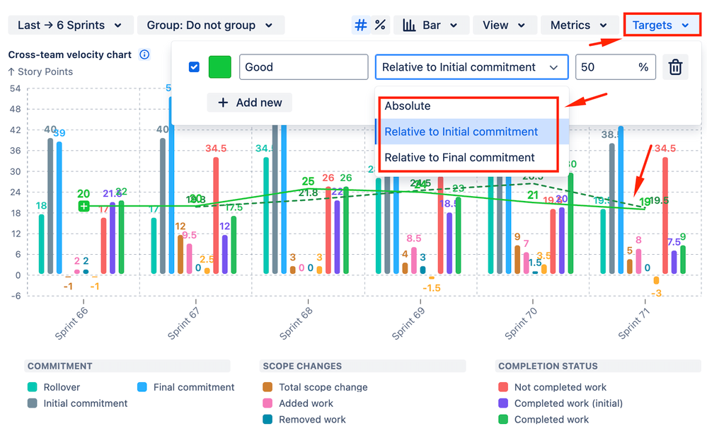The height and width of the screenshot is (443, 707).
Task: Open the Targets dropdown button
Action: click(661, 25)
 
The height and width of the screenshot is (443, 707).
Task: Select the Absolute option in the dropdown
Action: click(408, 106)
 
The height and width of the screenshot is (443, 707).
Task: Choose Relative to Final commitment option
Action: click(459, 157)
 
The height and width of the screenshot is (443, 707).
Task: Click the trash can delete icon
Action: click(676, 67)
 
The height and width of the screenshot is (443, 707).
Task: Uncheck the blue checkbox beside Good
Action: click(194, 67)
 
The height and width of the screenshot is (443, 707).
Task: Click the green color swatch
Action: click(220, 67)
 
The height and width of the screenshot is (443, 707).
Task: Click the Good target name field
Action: click(303, 67)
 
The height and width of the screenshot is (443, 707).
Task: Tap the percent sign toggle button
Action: click(380, 25)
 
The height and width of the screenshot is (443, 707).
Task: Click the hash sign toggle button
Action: click(361, 25)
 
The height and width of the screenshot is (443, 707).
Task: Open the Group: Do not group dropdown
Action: click(210, 25)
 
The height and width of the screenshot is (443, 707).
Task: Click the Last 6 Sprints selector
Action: click(70, 25)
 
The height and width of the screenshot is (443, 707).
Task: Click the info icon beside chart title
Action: click(144, 54)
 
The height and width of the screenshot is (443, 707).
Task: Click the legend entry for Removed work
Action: click(312, 420)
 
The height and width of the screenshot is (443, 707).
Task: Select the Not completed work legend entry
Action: click(560, 387)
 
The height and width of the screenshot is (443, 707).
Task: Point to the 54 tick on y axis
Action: click(14, 88)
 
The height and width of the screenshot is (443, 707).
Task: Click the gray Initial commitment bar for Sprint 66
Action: click(50, 205)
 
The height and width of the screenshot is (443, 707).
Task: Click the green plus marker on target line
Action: click(84, 206)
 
